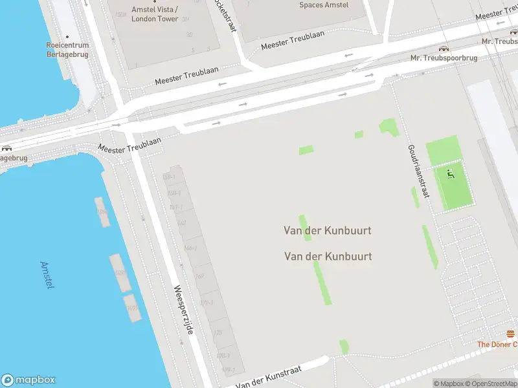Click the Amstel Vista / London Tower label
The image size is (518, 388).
pos(155,14)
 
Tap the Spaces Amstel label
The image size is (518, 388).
pos(323,5)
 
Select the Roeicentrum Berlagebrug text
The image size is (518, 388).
pos(67,50)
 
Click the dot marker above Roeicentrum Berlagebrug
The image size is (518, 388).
pos(67,36)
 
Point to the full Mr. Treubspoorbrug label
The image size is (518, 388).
pos(444,58)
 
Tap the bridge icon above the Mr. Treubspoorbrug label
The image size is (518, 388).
pos(444,48)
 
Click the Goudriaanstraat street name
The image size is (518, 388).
pos(418,170)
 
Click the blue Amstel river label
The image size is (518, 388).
pos(47,275)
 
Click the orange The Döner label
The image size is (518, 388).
pos(497,344)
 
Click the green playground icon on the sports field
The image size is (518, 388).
pos(450,173)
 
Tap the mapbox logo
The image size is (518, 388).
pos(28,380)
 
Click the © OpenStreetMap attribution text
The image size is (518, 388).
pos(490,383)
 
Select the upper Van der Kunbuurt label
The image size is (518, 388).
pos(328,230)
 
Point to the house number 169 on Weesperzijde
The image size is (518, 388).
pos(199,276)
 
